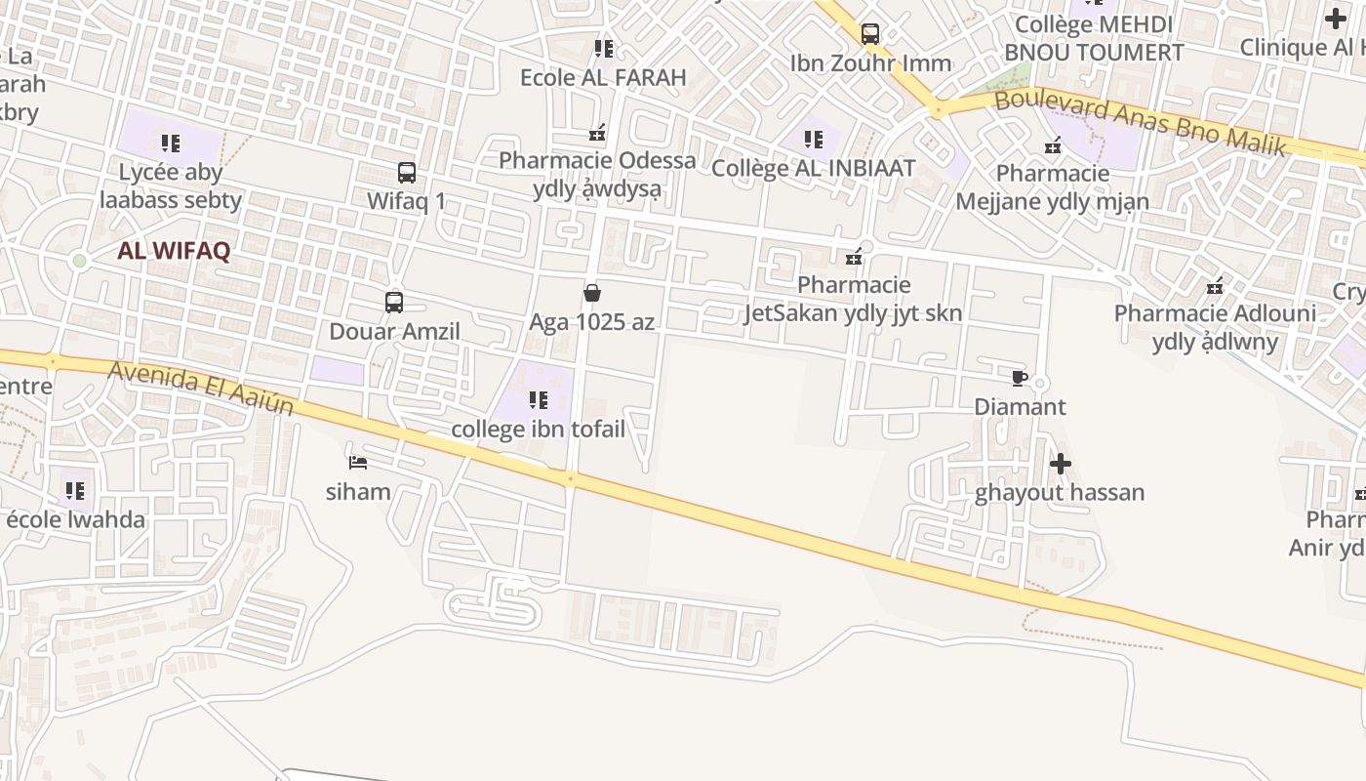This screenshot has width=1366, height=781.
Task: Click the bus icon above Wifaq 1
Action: (407, 173)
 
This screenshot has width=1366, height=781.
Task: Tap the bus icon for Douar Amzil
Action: (394, 303)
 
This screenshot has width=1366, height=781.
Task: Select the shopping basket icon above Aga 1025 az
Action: (591, 293)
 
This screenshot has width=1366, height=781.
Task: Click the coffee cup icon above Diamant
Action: (1020, 378)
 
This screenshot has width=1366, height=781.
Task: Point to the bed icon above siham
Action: (358, 462)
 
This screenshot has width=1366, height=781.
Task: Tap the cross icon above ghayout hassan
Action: (1061, 464)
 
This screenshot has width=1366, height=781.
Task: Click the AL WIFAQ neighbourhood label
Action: (174, 251)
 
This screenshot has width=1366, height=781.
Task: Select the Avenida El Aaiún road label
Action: (201, 388)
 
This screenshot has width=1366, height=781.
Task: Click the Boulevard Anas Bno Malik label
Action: (1141, 122)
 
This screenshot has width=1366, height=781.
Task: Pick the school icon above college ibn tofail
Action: (538, 400)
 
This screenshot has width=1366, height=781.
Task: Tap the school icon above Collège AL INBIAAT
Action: (814, 140)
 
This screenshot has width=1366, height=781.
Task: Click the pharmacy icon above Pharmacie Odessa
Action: (597, 132)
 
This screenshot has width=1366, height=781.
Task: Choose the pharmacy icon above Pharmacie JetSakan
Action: (855, 257)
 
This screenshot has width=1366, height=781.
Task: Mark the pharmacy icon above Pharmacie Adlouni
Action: (1215, 286)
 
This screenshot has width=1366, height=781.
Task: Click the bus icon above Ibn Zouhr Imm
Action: (870, 34)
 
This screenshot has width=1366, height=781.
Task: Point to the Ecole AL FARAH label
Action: (603, 77)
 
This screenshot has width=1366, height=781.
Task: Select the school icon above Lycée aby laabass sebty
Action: (171, 144)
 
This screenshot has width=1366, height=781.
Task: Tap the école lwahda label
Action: (76, 519)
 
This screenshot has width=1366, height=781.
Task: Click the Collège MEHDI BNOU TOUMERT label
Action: (1094, 38)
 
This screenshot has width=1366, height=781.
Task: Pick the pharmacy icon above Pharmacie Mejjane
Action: (1053, 146)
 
